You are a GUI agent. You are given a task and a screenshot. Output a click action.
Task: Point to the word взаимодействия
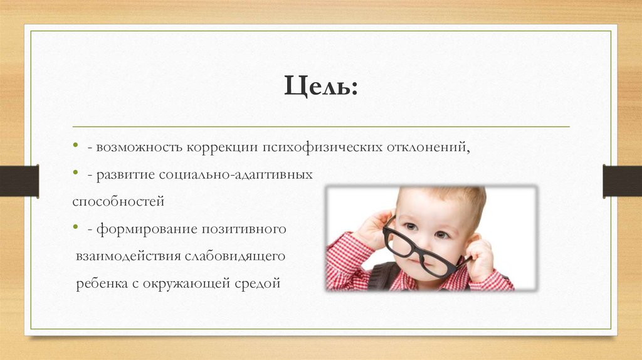click(x=127, y=257)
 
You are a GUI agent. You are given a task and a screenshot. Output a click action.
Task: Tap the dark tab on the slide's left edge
click(x=19, y=181)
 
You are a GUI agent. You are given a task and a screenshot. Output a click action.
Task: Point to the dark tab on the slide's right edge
click(x=623, y=181)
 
